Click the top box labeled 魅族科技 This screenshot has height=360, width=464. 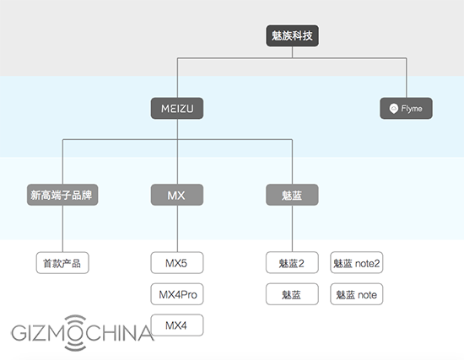pyautogui.click(x=292, y=35)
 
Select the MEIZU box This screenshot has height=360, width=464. pyautogui.click(x=177, y=109)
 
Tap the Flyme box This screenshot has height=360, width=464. pyautogui.click(x=406, y=109)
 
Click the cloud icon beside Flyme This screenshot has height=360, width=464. pyautogui.click(x=393, y=109)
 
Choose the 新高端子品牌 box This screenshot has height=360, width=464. pyautogui.click(x=62, y=195)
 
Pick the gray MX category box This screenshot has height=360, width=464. pyautogui.click(x=177, y=195)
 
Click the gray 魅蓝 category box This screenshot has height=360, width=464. pyautogui.click(x=292, y=195)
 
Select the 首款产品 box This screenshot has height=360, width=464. pyautogui.click(x=62, y=263)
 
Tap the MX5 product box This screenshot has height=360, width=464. pyautogui.click(x=177, y=263)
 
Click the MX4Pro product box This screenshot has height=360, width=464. pyautogui.click(x=177, y=294)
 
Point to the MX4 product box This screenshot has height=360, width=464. pyautogui.click(x=177, y=325)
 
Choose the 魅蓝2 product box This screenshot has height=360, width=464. pyautogui.click(x=292, y=263)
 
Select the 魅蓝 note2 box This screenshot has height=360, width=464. pyautogui.click(x=356, y=263)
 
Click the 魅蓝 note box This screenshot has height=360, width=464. pyautogui.click(x=356, y=294)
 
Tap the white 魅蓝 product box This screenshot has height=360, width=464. pyautogui.click(x=292, y=294)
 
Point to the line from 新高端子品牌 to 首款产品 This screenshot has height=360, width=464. pyautogui.click(x=62, y=228)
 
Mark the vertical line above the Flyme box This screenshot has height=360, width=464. pyautogui.click(x=407, y=78)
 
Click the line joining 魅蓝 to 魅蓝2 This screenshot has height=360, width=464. pyautogui.click(x=293, y=228)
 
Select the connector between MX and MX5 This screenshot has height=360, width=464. pyautogui.click(x=177, y=228)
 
